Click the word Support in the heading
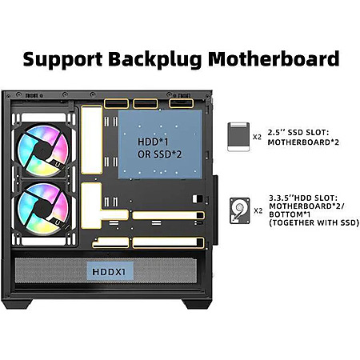pos(62,60)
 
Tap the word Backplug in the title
pos(155,60)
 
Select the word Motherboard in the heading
pos(274,58)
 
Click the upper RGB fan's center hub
pos(42,150)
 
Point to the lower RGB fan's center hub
pos(42,208)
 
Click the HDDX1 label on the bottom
pos(109,272)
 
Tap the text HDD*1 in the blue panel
pos(153,142)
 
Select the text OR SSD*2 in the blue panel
pos(160,154)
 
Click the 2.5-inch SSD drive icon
pos(238,137)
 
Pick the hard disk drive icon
pos(240,210)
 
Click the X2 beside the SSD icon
pos(257,137)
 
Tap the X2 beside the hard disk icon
pos(258,210)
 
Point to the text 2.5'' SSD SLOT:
pos(298,133)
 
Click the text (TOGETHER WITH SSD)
pos(314,222)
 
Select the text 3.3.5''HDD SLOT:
pos(303,198)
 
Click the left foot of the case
pos(17,304)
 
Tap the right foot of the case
pos(197,304)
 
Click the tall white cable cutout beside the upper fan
pos(92,140)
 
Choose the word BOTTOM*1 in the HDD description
pos(290,214)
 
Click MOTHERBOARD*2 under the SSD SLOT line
pos(303,142)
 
